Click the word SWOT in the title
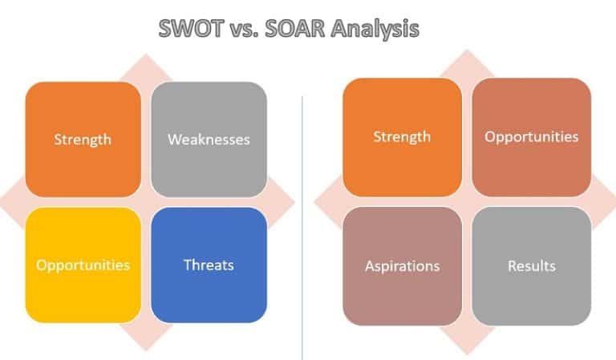tap(187, 30)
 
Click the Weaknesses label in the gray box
tap(209, 140)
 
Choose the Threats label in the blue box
tap(209, 265)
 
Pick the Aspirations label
tap(402, 265)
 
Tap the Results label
tap(531, 265)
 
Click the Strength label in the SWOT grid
tap(83, 140)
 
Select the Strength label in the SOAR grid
tap(402, 136)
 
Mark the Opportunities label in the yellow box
tap(83, 265)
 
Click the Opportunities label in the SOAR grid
tap(531, 136)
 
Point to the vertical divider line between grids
tap(302, 224)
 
